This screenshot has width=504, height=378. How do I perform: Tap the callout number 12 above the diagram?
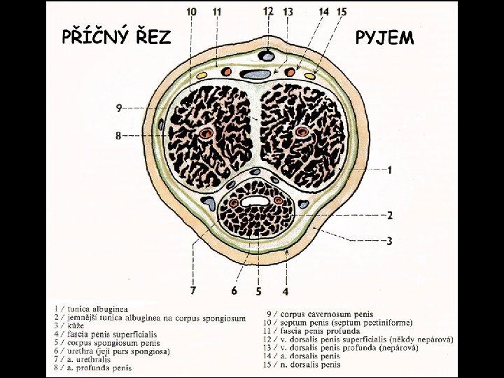click(269, 10)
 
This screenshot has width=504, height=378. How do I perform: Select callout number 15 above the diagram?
click(342, 11)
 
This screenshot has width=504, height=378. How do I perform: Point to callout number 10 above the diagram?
click(192, 11)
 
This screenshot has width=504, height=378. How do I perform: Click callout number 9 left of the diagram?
click(119, 107)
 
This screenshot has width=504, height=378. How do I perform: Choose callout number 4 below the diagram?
click(285, 290)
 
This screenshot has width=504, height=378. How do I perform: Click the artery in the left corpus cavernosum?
click(206, 133)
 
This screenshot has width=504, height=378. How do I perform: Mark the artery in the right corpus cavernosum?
click(302, 132)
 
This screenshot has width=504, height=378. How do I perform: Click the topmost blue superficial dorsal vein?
click(267, 54)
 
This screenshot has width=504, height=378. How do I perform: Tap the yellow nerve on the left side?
click(203, 73)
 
